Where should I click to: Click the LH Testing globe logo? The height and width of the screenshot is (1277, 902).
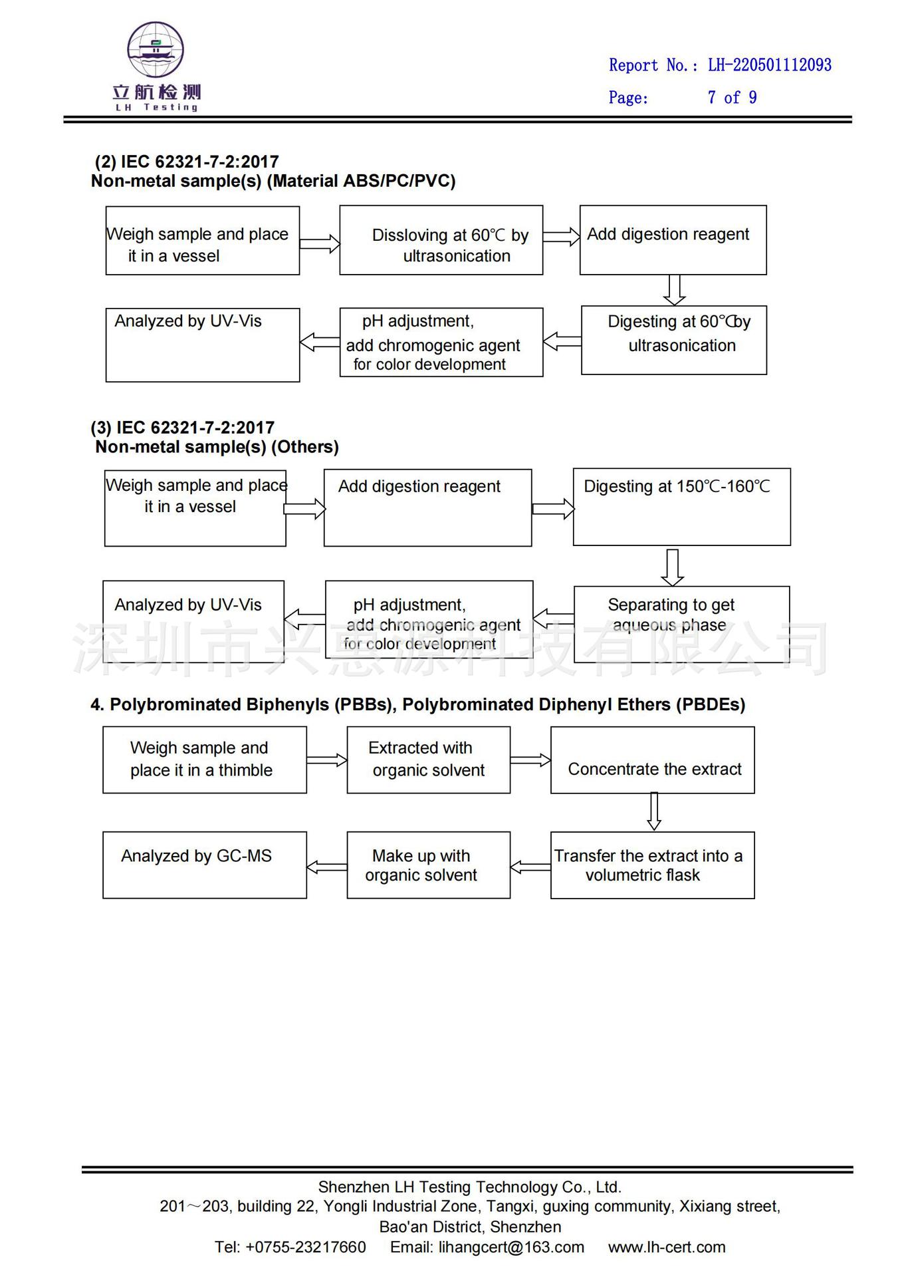tap(156, 50)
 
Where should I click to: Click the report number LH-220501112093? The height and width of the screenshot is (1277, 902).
tap(770, 65)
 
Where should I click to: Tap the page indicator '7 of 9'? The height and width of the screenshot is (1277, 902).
tap(732, 98)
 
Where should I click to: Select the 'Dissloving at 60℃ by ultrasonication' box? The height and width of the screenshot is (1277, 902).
tap(441, 240)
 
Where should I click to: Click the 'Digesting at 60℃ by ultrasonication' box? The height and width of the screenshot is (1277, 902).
tap(674, 340)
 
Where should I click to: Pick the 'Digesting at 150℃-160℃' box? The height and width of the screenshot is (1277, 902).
tap(682, 507)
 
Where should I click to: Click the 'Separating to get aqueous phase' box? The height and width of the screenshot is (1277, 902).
tap(682, 625)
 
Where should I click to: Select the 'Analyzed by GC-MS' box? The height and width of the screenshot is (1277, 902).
tap(205, 865)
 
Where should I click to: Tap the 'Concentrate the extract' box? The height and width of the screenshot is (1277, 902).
tap(653, 760)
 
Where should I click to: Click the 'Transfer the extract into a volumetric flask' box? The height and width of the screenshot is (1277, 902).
tap(653, 865)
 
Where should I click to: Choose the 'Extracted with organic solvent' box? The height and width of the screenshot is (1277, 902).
tap(429, 760)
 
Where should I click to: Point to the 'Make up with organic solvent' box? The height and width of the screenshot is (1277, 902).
tap(429, 865)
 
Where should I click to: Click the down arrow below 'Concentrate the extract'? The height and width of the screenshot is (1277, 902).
tap(654, 811)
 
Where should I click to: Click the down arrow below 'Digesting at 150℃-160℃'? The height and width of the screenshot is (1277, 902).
tap(673, 567)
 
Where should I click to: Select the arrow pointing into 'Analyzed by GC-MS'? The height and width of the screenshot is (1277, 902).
tap(327, 867)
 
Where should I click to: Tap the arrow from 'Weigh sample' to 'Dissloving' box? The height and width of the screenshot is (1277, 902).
tap(320, 244)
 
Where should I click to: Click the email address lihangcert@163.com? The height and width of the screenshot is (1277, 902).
tap(511, 1247)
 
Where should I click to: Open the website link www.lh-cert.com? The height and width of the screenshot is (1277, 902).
tap(667, 1247)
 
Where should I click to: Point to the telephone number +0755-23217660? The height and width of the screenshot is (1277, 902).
tap(306, 1247)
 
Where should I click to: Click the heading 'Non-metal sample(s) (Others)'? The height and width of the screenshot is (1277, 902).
tap(217, 447)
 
